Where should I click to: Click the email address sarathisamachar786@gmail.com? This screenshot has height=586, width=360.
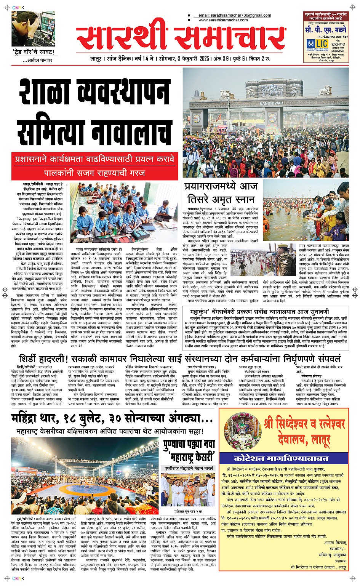click(x=235, y=16)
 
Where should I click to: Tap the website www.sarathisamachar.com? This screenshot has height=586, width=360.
click(x=223, y=20)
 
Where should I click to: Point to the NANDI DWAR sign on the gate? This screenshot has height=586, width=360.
click(x=271, y=103)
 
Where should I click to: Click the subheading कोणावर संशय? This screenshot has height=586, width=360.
click(x=311, y=376)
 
